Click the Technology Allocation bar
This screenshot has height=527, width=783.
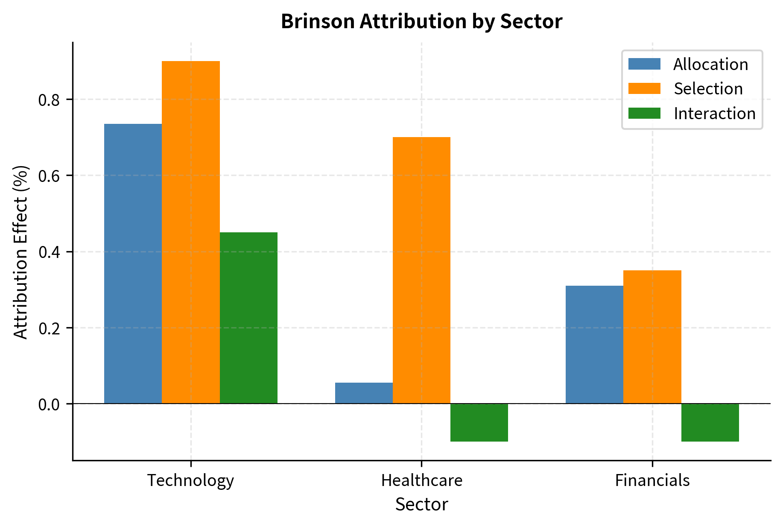[133, 263]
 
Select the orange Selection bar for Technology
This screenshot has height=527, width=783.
[191, 232]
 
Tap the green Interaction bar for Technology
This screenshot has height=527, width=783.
[248, 318]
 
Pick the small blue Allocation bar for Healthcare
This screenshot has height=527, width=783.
[364, 393]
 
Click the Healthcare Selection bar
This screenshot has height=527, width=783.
[421, 270]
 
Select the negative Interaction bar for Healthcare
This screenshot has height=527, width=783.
[479, 422]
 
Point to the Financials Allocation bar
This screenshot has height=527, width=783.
[594, 345]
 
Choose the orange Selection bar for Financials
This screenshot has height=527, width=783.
[652, 337]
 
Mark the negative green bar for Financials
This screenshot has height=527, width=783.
[710, 422]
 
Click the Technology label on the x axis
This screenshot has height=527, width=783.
[190, 480]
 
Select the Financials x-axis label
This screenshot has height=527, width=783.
[652, 480]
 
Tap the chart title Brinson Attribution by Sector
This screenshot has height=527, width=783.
[421, 21]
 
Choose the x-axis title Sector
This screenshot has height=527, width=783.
[421, 504]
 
